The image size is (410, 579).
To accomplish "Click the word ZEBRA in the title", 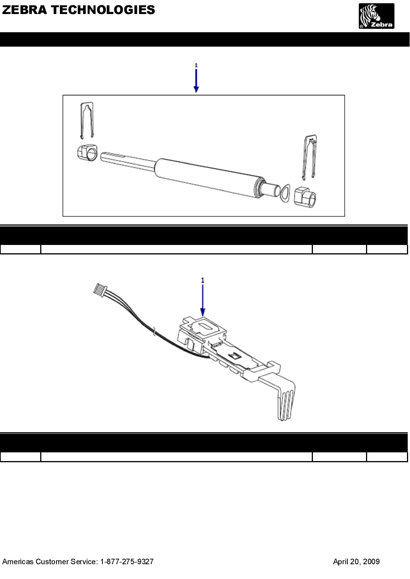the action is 25,10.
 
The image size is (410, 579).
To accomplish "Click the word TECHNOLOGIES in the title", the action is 103,10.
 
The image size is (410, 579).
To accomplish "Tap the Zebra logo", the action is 376,16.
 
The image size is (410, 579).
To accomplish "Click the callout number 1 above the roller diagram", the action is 196,65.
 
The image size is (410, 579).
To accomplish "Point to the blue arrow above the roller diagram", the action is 196,81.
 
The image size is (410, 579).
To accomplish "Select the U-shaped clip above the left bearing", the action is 87,120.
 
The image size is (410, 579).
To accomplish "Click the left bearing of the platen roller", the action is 87,152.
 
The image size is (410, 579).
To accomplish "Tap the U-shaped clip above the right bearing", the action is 310,157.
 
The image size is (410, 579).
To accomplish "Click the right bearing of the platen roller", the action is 305,197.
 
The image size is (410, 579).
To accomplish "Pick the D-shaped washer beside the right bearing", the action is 284,193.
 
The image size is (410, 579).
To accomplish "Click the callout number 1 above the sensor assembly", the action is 203,280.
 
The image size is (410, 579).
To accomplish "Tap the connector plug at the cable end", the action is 100,289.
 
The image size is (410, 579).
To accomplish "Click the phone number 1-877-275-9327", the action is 127,562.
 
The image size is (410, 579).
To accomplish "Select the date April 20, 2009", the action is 356,562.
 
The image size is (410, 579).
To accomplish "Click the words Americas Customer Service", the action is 50,562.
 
